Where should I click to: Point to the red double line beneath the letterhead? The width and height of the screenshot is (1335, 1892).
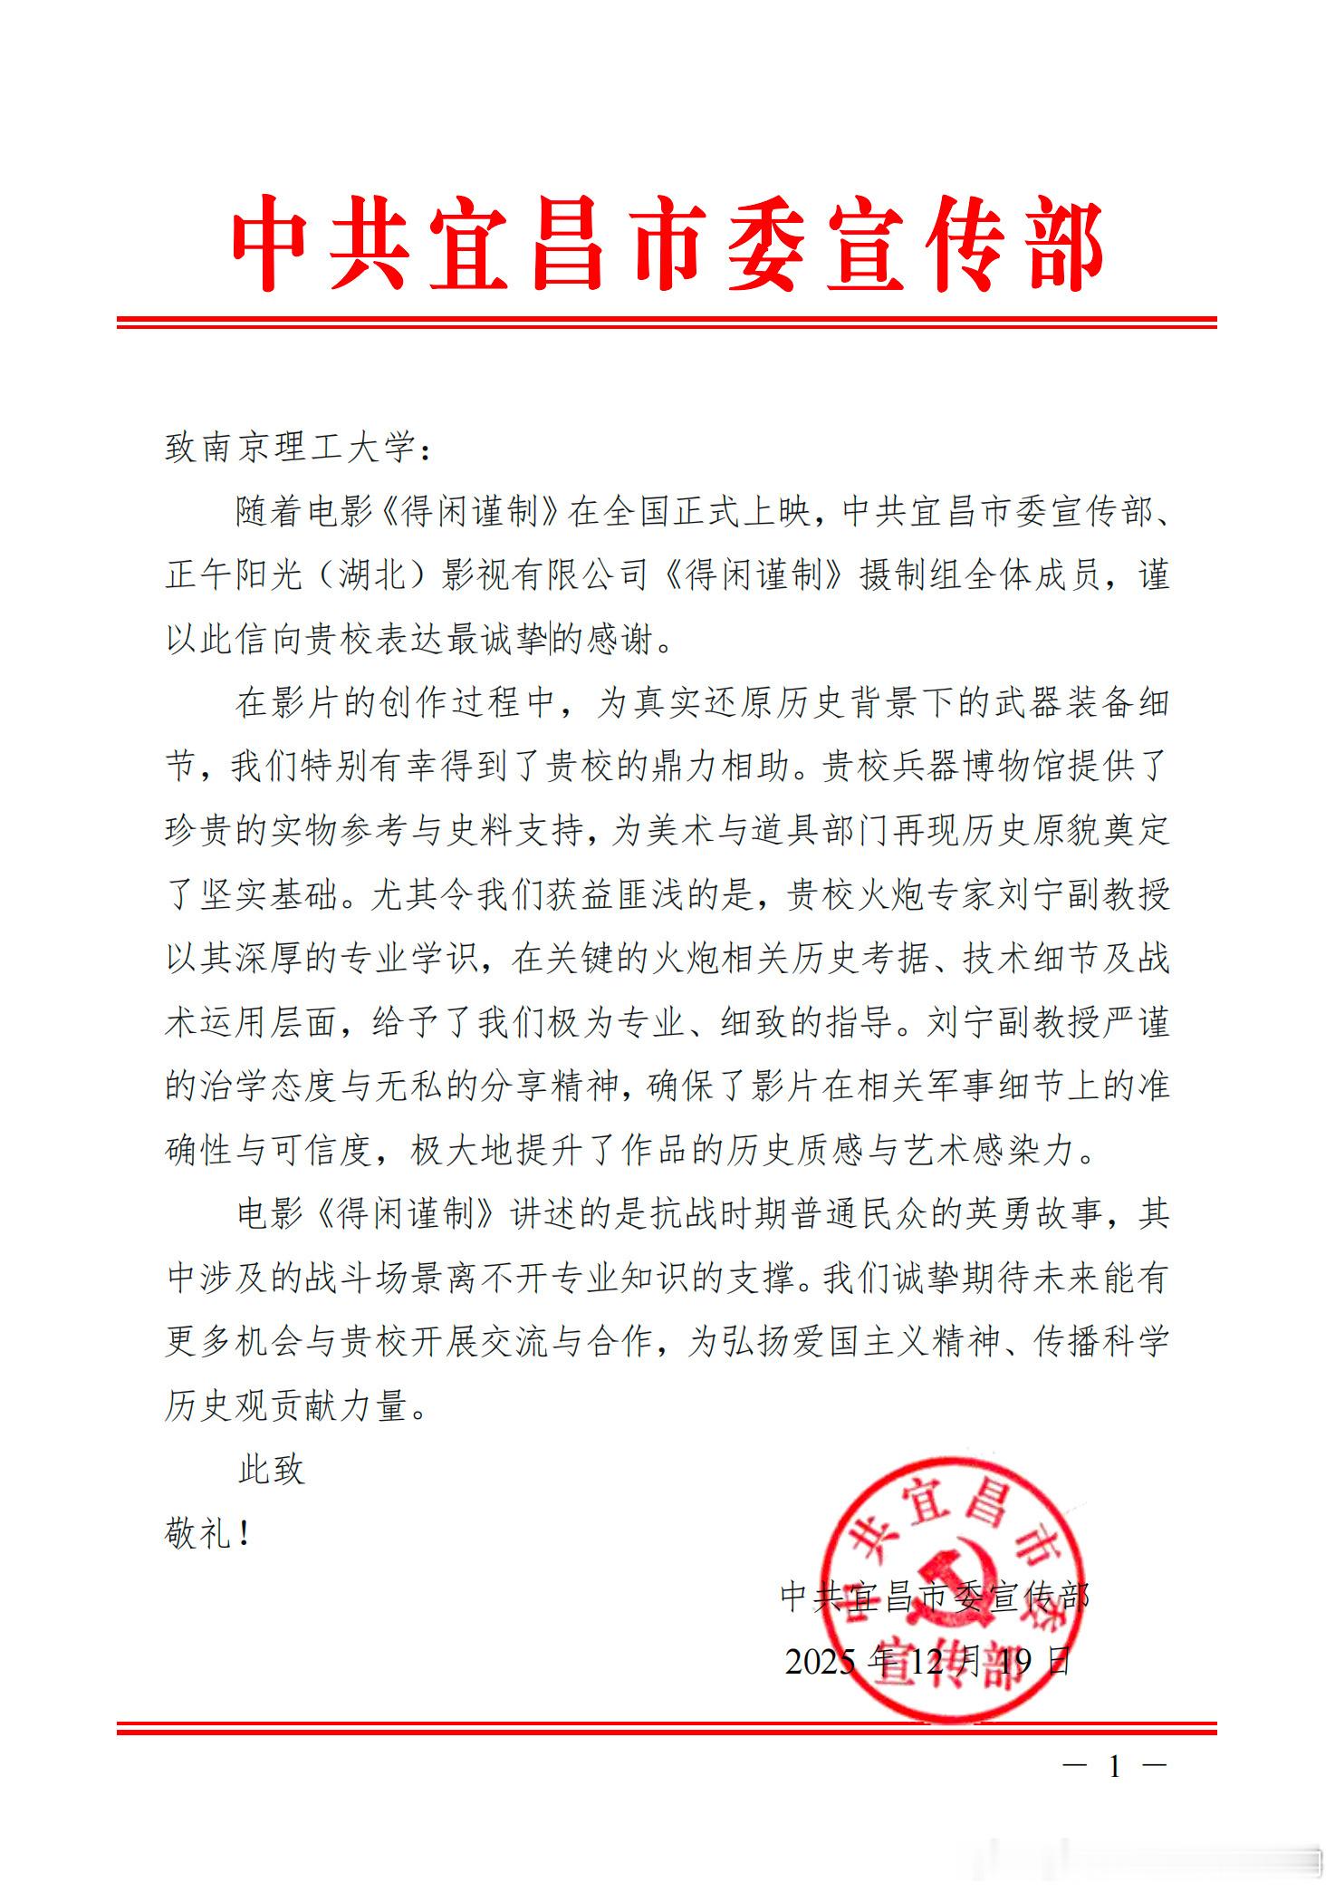[x=667, y=323]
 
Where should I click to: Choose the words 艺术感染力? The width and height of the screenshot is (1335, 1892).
[x=995, y=1151]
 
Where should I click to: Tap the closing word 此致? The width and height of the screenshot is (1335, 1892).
[x=271, y=1470]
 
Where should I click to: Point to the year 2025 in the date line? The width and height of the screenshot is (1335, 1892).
[x=820, y=1662]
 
